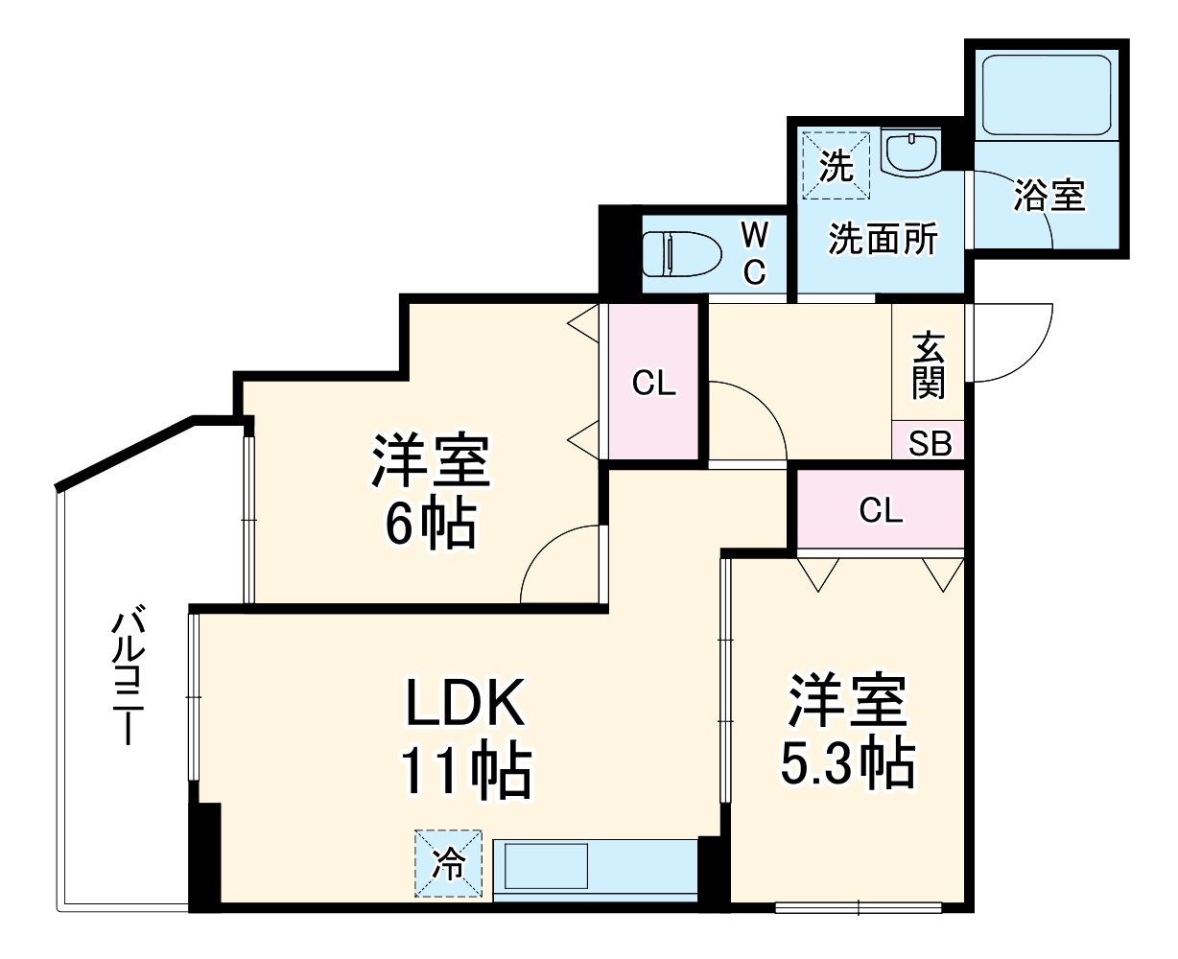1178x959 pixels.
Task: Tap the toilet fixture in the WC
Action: [681, 255]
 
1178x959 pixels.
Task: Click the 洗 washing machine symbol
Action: [836, 166]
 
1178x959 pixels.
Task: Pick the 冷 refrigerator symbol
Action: [449, 864]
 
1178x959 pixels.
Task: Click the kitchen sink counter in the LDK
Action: [595, 868]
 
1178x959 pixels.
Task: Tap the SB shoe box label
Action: [929, 443]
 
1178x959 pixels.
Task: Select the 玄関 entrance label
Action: [928, 365]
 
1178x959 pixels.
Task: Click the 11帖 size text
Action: [466, 770]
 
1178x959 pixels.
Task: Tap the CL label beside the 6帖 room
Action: [654, 384]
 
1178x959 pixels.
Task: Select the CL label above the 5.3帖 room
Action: [881, 511]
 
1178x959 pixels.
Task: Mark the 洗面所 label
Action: [883, 239]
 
